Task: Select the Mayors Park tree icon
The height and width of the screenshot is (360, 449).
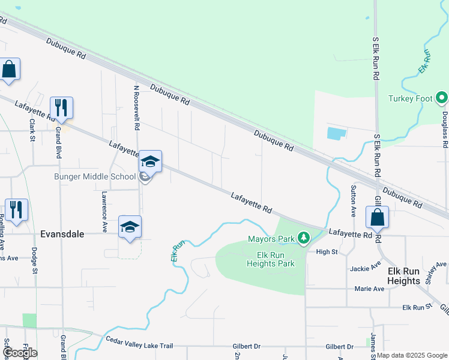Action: (x=304, y=239)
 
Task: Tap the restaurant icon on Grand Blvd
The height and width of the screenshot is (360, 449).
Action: (x=61, y=108)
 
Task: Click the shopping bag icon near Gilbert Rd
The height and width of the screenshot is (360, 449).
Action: (x=377, y=217)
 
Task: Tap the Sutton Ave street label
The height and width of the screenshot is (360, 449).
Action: (x=352, y=200)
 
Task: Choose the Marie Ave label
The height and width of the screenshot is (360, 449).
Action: (x=369, y=289)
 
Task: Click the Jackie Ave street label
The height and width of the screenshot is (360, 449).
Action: (x=367, y=266)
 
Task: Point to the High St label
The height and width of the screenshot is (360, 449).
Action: (x=327, y=252)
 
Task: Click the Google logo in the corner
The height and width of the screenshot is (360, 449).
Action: (x=20, y=352)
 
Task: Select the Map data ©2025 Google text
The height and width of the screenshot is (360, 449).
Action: (x=412, y=355)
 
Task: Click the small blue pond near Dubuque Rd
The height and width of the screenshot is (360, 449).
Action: (x=337, y=133)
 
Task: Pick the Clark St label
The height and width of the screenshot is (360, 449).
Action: (x=31, y=130)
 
